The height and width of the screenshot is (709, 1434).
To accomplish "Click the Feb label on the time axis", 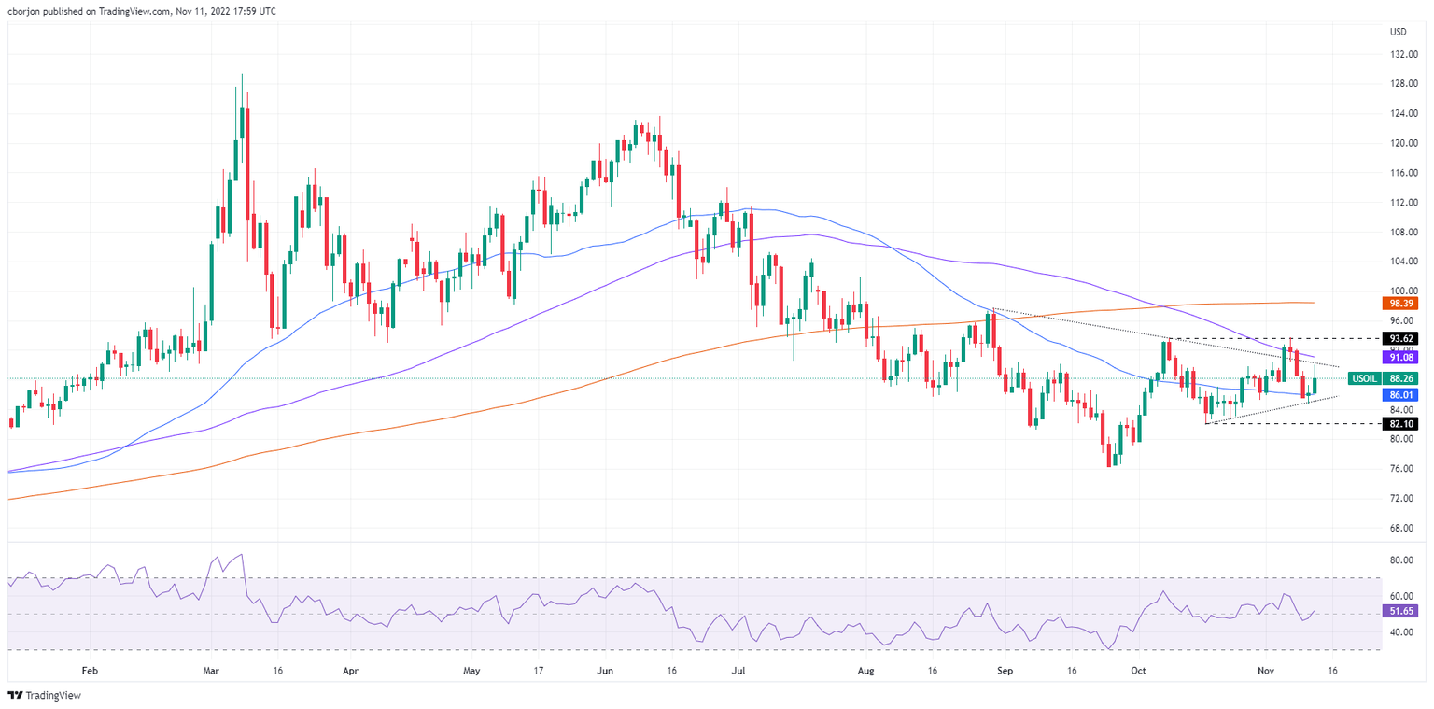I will click(x=89, y=671).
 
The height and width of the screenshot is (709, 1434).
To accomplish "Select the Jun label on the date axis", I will click(x=604, y=671).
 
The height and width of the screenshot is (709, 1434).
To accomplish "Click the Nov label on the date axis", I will click(x=1266, y=671).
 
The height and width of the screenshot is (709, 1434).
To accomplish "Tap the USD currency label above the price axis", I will click(x=1398, y=33).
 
